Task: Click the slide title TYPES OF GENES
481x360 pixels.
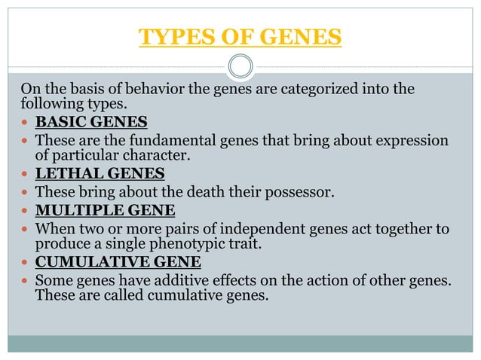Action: (x=240, y=36)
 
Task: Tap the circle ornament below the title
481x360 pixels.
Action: (x=240, y=66)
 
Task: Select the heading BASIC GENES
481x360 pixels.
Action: (x=91, y=122)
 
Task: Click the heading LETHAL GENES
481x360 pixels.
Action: (x=100, y=174)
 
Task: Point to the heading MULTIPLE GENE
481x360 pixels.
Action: (x=106, y=209)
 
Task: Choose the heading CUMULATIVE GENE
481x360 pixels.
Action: (x=118, y=262)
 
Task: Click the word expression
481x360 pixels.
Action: (x=413, y=140)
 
